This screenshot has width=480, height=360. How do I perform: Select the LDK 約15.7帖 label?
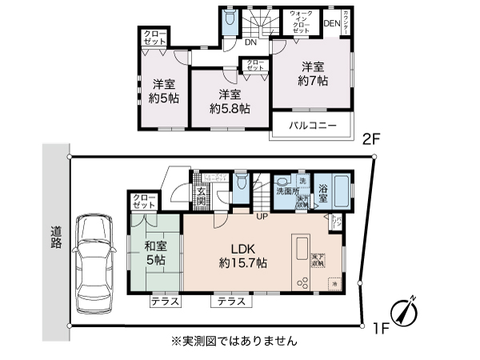(x=243, y=256)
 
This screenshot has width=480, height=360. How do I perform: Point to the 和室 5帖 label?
(x=155, y=254)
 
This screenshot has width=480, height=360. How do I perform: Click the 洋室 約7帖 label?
(x=313, y=74)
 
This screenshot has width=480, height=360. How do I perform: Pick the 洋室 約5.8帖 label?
(x=229, y=101)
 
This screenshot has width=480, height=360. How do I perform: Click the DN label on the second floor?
(x=250, y=42)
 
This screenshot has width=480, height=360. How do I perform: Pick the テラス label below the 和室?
(x=165, y=302)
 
